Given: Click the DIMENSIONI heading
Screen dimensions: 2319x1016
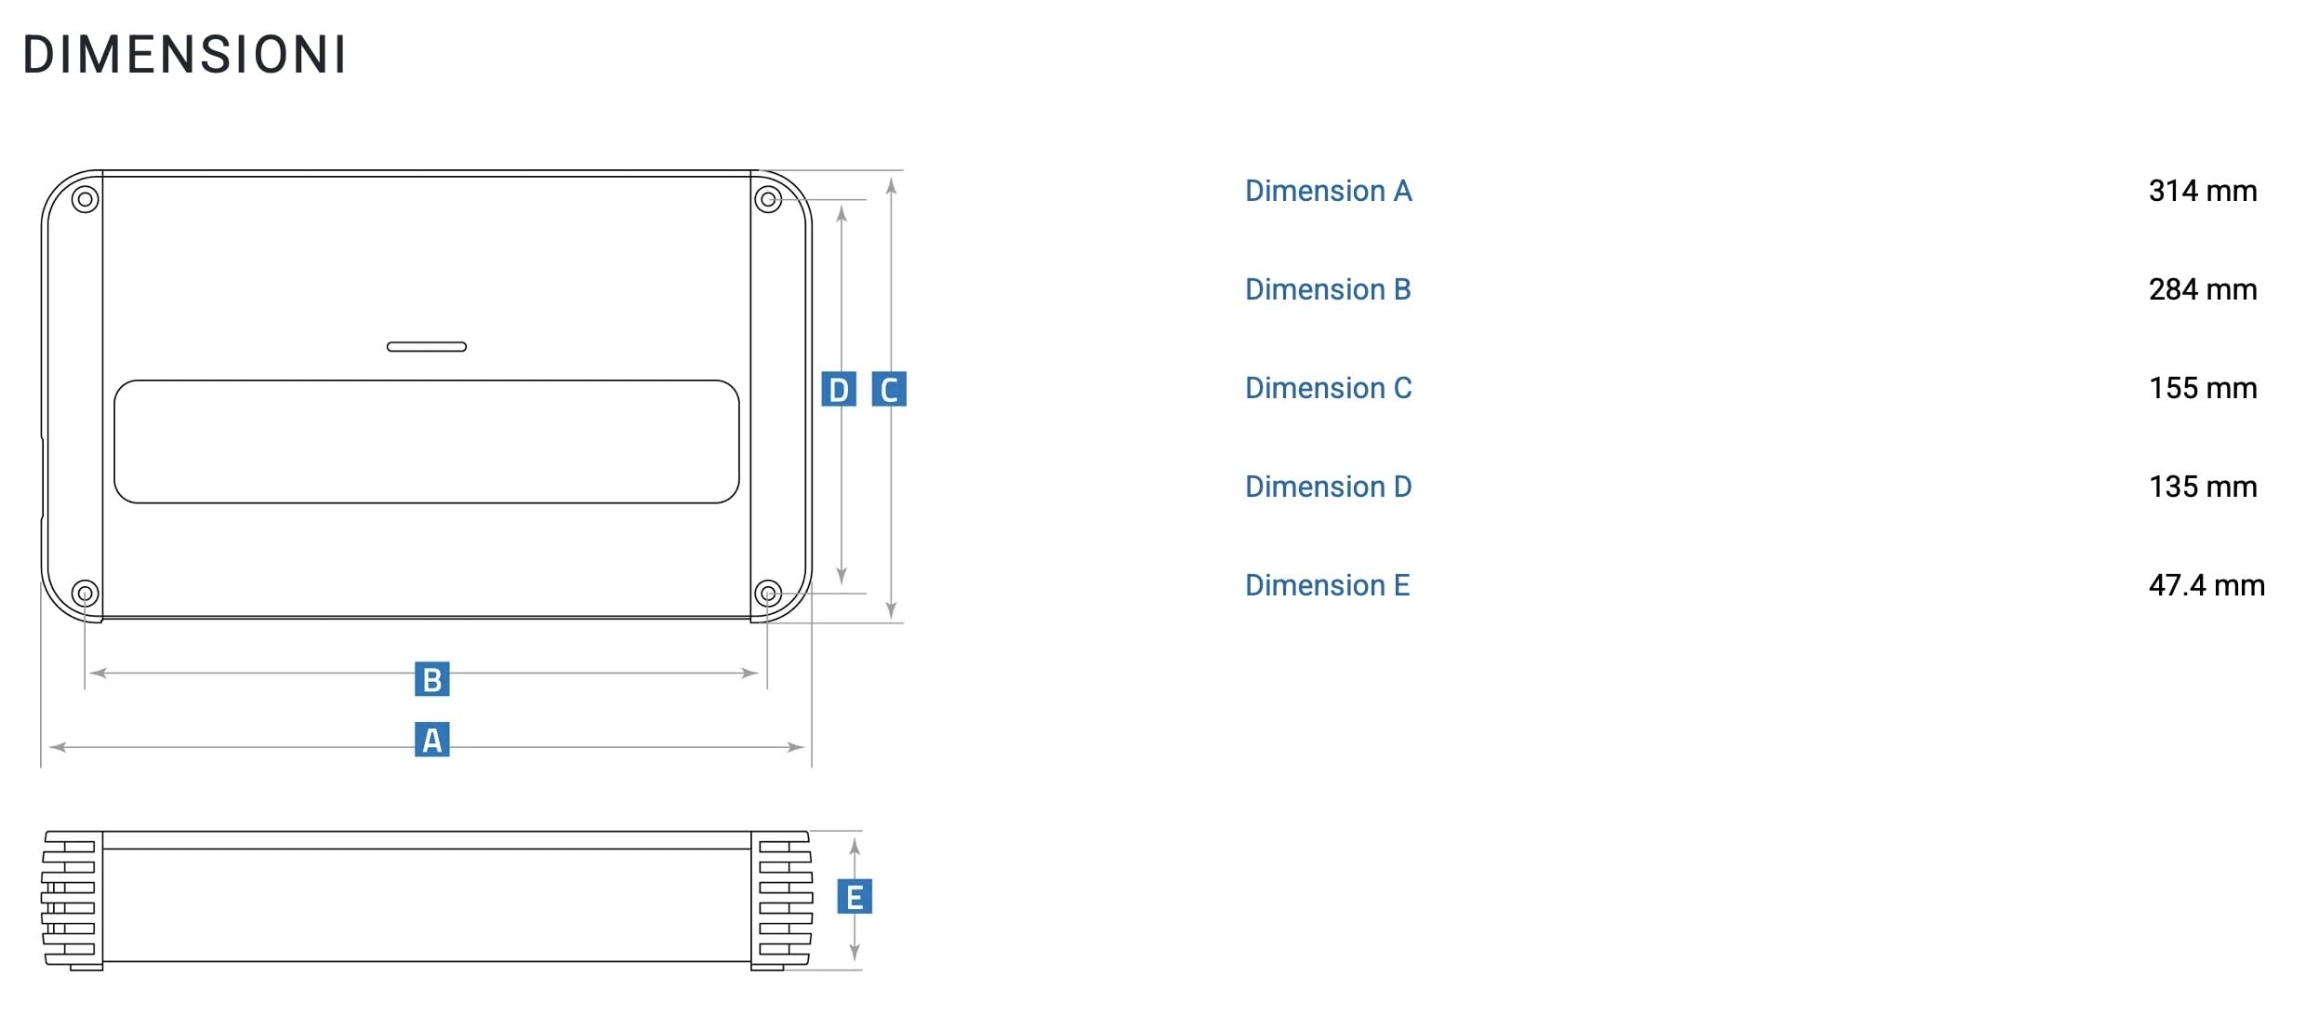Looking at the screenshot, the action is point(184,55).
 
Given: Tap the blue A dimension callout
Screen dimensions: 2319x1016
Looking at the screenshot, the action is point(431,740).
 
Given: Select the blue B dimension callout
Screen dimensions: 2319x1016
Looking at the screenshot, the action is point(431,679).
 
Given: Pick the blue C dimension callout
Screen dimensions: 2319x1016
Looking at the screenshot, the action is point(889,389).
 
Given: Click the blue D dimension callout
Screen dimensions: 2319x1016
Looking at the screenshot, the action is point(839,389).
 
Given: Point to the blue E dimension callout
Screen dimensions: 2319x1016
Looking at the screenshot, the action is point(855,897).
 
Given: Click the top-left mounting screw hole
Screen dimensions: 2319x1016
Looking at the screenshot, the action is point(85,199).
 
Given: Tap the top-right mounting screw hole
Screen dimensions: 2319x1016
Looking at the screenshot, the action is point(768,199).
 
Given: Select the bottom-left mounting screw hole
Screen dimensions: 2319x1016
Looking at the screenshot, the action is point(85,593).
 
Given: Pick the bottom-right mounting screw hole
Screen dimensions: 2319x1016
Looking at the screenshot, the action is point(768,593).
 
